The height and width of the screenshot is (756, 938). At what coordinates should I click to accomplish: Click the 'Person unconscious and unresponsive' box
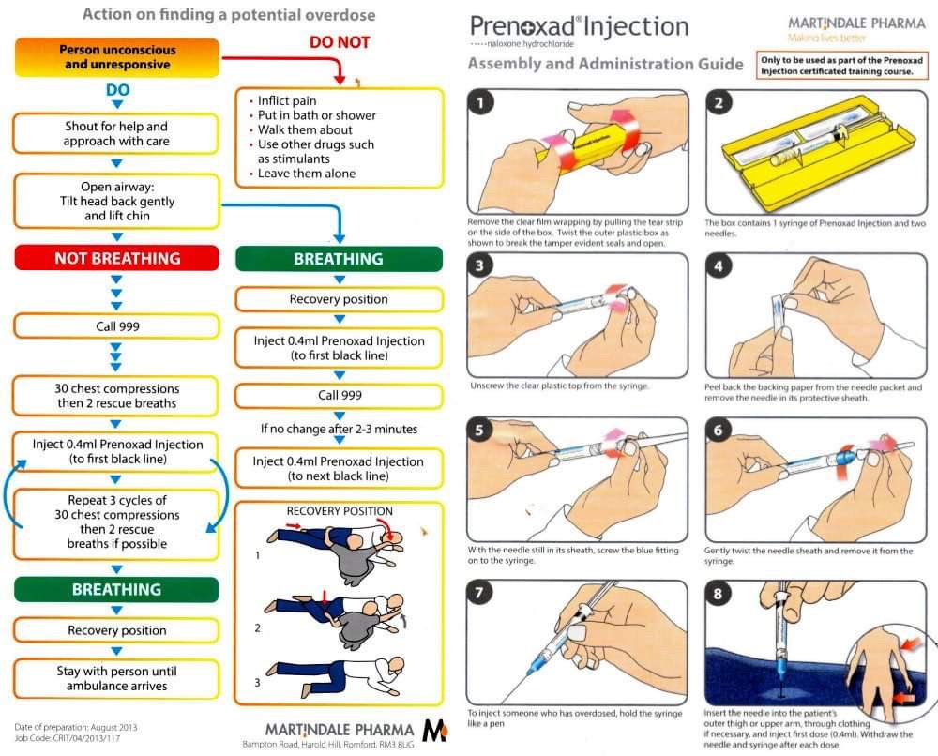click(116, 57)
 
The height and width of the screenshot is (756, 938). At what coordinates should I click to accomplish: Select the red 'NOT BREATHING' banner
click(116, 259)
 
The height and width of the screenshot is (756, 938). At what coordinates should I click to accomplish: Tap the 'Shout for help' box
click(116, 133)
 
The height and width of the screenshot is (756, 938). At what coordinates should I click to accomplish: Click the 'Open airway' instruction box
click(116, 201)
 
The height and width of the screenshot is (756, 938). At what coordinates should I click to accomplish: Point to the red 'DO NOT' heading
click(339, 42)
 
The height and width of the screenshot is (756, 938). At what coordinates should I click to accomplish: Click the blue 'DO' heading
click(116, 91)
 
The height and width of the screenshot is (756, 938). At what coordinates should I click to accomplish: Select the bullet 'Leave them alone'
click(307, 174)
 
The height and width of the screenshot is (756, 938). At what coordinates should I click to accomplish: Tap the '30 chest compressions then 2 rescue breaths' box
click(116, 396)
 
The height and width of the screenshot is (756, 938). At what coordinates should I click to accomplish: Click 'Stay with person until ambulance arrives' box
click(116, 678)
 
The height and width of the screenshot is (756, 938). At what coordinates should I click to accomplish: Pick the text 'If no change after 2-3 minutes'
click(339, 429)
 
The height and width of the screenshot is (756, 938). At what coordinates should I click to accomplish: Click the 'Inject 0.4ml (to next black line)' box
click(339, 469)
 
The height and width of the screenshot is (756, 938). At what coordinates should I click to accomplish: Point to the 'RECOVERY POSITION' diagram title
click(340, 511)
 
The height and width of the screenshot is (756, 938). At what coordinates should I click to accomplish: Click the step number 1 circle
click(481, 103)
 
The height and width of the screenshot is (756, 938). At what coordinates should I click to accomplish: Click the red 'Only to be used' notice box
click(840, 66)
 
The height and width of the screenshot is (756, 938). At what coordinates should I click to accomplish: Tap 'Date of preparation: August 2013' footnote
click(75, 727)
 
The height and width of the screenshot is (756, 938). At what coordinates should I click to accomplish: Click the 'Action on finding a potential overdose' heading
click(229, 14)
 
